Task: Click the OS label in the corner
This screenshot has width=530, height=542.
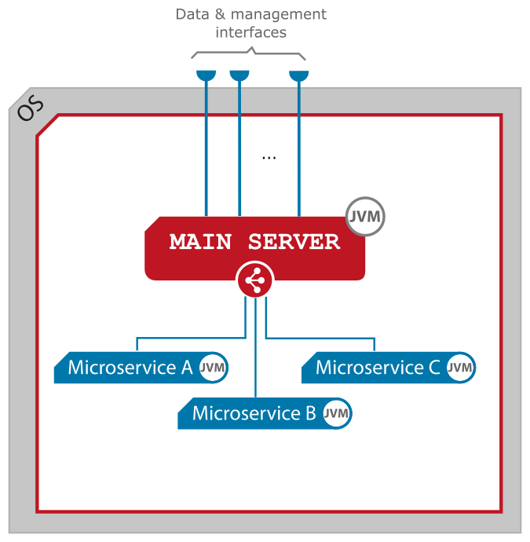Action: point(31,109)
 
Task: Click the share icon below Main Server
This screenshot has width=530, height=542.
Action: point(255,280)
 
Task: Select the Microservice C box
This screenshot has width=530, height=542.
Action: point(378,368)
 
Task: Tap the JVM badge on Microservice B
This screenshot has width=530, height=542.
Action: point(337,413)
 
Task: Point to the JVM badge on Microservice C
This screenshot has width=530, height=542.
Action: point(460,368)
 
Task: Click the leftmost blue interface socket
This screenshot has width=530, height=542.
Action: point(206,75)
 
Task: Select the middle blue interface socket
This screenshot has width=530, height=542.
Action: point(239,75)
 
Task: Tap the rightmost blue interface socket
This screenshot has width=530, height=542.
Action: point(299,75)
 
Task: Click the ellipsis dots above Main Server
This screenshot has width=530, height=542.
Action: point(269,158)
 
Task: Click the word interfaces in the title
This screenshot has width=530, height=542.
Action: point(250,33)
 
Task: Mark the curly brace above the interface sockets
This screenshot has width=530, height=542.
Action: point(249,53)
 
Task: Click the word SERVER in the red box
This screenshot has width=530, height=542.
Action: point(294,242)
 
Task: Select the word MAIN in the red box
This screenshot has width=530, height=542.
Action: point(201,242)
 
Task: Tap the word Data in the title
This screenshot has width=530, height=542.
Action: point(192,15)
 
